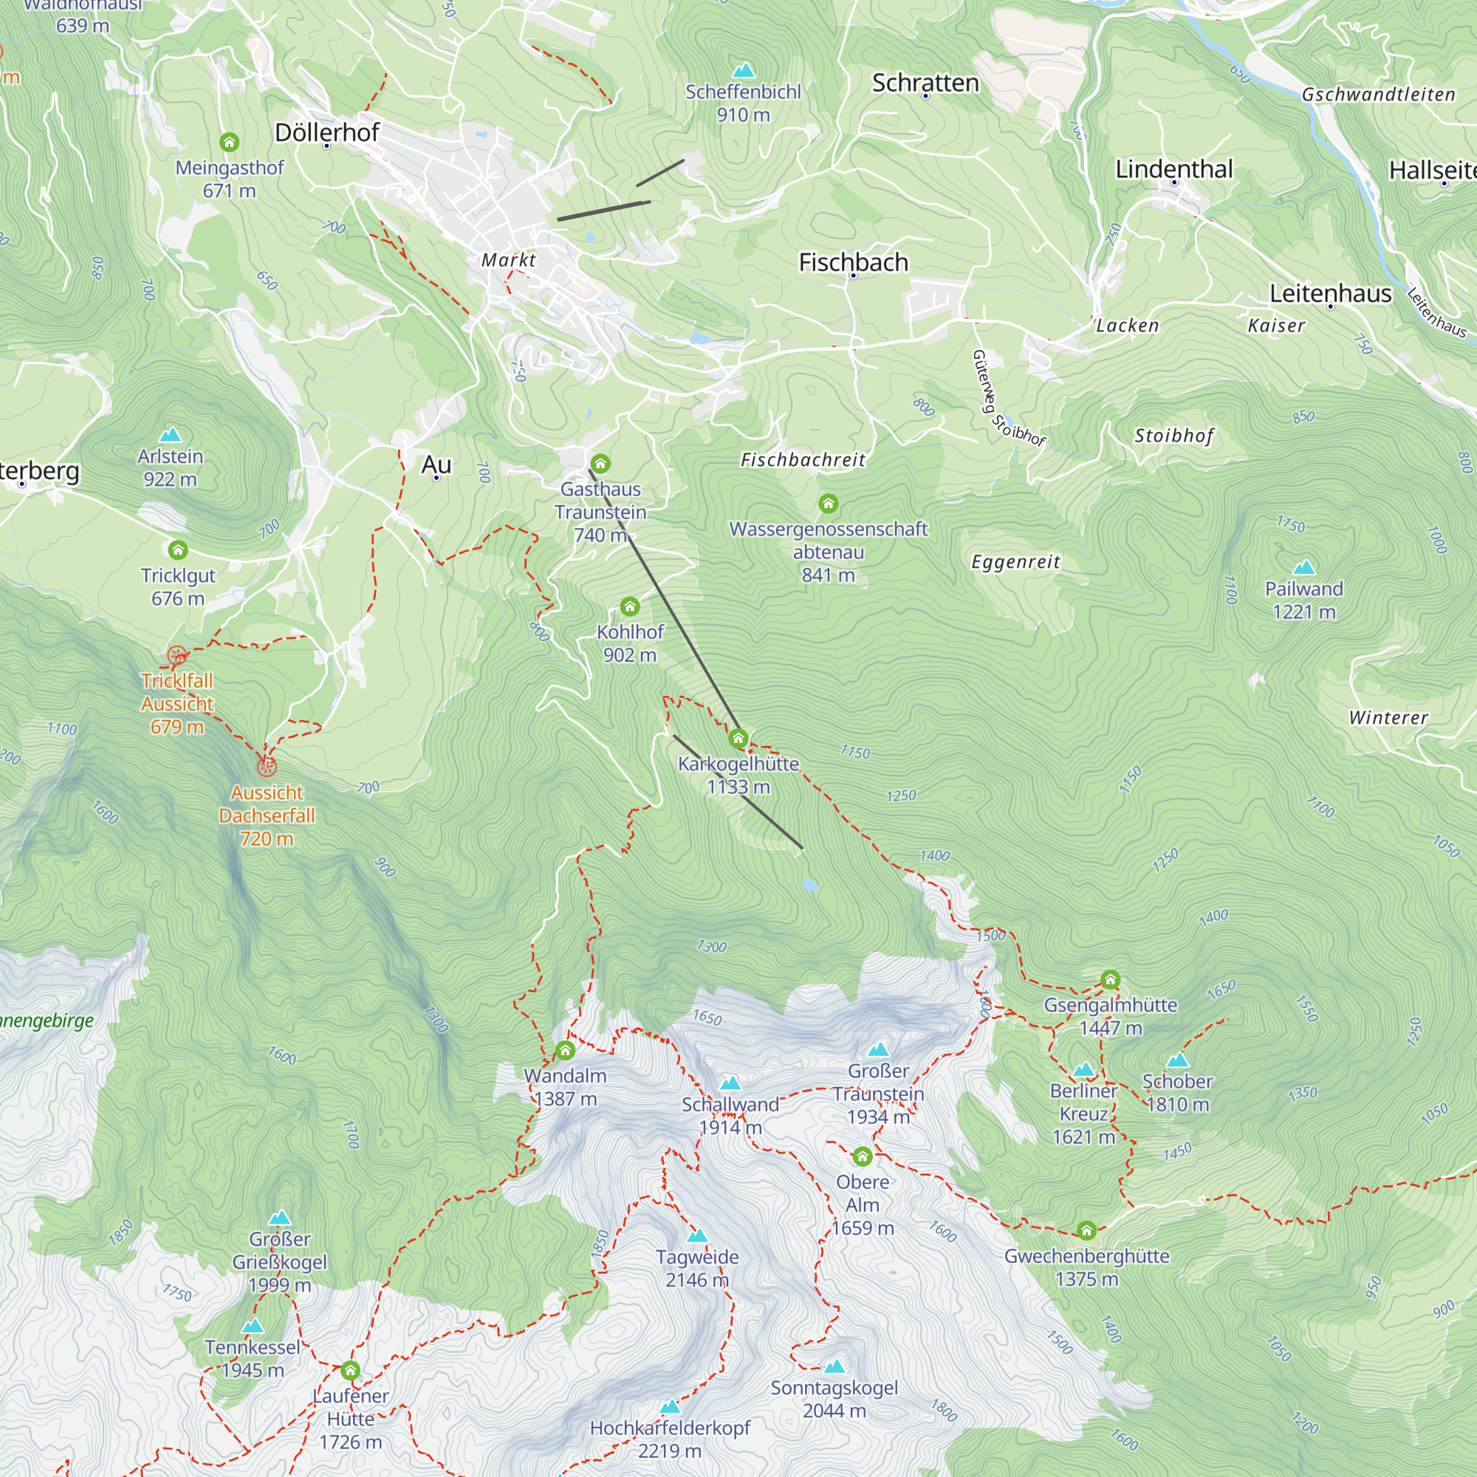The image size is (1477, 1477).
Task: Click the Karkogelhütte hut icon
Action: point(738,738)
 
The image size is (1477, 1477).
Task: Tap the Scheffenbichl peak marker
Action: point(743,71)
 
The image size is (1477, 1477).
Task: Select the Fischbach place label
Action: point(853,262)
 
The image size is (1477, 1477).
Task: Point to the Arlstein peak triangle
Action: point(171,435)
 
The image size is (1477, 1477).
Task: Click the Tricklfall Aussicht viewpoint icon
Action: point(177,656)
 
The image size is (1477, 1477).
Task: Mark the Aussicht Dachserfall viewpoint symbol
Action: point(266,766)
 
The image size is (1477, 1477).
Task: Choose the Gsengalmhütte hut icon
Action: point(1110,979)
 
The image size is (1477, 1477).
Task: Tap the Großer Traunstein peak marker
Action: point(878,1049)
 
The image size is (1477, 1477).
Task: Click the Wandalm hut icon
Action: point(565,1050)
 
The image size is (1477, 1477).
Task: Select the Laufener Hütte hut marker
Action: point(350,1370)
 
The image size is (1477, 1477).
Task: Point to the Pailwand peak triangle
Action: point(1303,567)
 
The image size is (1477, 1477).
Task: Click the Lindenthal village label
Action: point(1173,169)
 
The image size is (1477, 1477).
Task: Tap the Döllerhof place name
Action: point(326,132)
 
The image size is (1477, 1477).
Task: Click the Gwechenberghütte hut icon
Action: point(1086,1230)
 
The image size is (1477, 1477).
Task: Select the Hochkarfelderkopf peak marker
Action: point(670,1406)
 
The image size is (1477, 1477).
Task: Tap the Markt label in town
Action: point(508,260)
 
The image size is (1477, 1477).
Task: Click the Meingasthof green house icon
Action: point(230,143)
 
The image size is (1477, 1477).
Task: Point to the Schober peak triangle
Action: point(1177,1060)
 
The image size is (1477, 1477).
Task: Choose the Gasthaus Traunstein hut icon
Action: point(600,463)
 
